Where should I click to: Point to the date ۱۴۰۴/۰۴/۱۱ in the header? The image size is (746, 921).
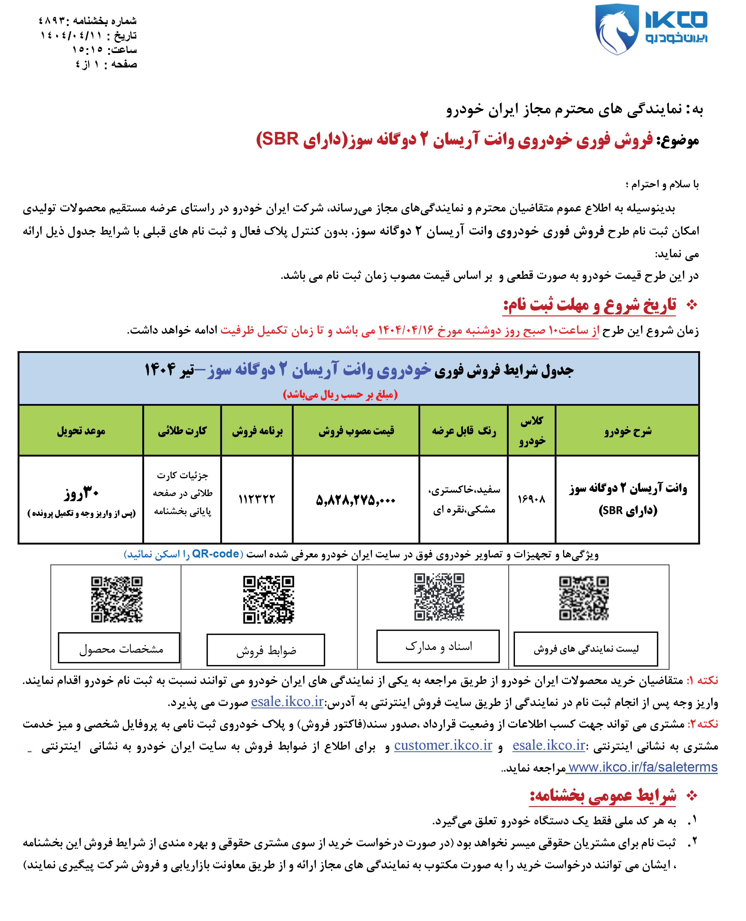[71, 35]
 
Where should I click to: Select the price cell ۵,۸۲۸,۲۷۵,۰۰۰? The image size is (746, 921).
[355, 500]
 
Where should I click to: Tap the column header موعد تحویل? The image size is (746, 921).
[81, 431]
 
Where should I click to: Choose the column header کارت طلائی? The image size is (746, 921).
[182, 431]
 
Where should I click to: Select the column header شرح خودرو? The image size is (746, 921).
[628, 431]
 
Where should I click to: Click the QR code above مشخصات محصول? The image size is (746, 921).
[116, 599]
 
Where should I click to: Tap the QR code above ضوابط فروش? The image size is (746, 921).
[269, 599]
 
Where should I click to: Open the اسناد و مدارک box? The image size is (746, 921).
[438, 646]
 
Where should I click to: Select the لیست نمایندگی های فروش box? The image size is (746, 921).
[586, 649]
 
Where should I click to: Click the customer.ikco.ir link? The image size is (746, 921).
[443, 745]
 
